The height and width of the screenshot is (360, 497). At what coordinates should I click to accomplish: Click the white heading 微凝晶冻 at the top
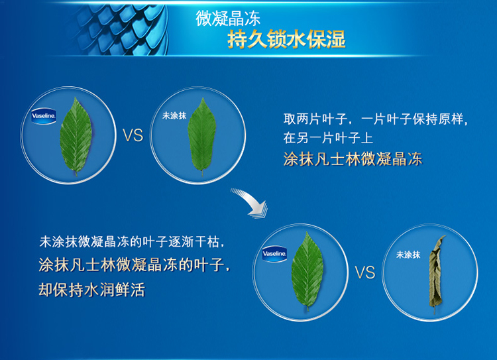[x=228, y=18]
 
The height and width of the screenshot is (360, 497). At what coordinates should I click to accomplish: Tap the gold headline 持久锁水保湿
[x=286, y=40]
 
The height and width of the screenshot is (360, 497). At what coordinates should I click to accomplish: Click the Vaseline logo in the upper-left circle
[x=44, y=116]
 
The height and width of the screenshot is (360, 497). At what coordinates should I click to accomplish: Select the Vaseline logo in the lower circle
[x=275, y=254]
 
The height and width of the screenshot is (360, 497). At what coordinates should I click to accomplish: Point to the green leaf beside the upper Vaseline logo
[x=76, y=137]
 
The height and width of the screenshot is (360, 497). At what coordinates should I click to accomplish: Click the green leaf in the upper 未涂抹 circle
[x=202, y=137]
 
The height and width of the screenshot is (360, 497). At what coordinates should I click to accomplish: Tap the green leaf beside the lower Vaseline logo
[x=307, y=270]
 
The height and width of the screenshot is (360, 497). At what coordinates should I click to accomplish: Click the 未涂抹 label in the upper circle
[x=174, y=116]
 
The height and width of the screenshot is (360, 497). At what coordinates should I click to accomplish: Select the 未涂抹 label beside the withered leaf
[x=408, y=255]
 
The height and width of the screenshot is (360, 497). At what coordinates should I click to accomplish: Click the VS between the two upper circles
[x=133, y=136]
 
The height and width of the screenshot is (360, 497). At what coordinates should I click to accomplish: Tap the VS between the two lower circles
[x=365, y=272]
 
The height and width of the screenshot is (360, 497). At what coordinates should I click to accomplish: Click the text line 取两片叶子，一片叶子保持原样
[x=376, y=119]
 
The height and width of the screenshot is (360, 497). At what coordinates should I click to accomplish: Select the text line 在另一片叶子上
[x=328, y=139]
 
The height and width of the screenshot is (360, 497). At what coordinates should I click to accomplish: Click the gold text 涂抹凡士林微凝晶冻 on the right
[x=353, y=159]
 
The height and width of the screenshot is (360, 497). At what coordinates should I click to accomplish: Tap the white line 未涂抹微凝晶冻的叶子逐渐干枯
[x=132, y=242]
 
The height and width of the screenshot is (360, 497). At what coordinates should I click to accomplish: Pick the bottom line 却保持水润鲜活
[x=91, y=290]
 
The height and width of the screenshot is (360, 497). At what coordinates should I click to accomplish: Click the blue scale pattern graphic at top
[x=122, y=29]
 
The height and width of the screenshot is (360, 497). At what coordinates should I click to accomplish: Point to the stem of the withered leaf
[x=435, y=310]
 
